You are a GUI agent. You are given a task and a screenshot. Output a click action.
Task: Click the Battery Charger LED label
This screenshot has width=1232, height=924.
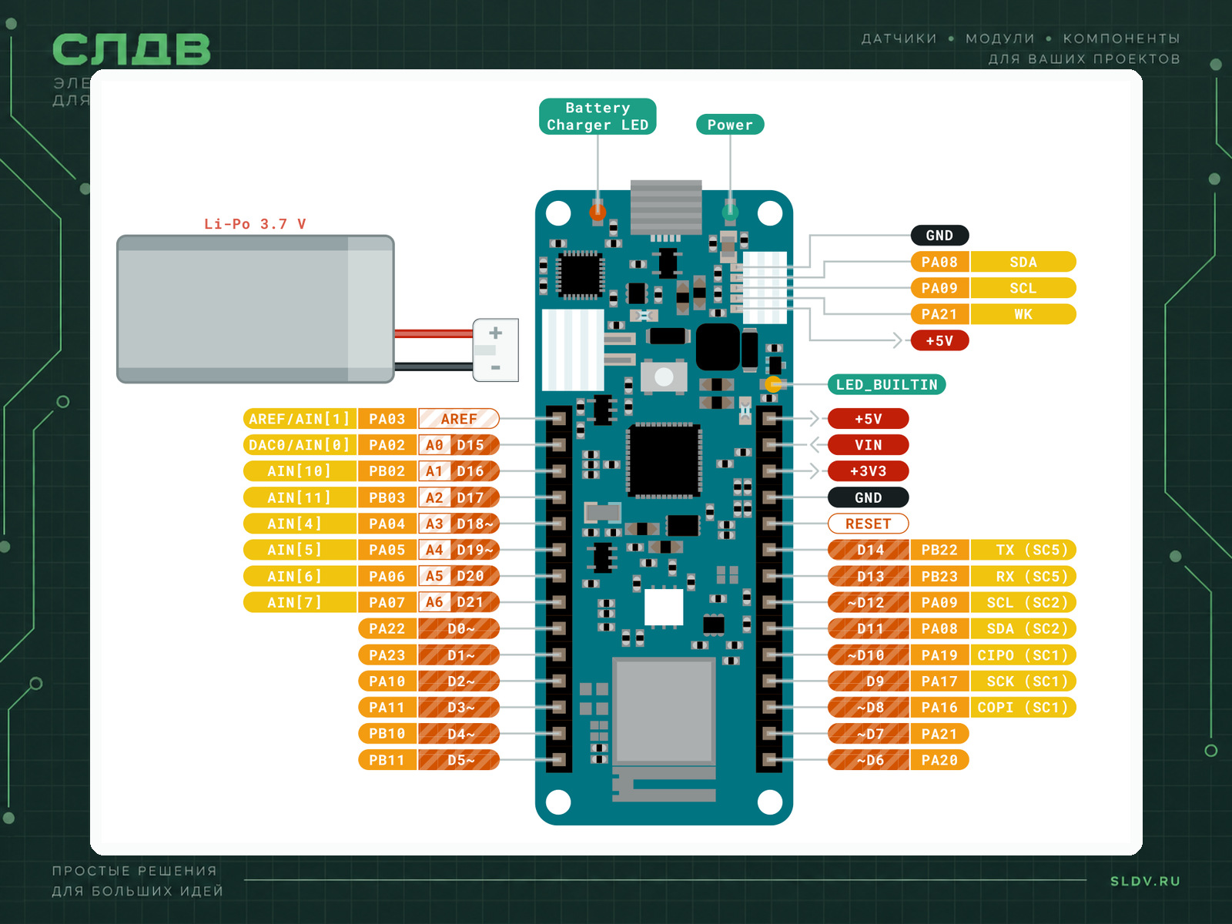pyautogui.click(x=598, y=116)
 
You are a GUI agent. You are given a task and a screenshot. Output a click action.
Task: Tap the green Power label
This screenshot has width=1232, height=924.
pyautogui.click(x=730, y=125)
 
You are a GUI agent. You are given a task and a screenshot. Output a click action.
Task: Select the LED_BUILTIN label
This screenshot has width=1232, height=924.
pyautogui.click(x=886, y=384)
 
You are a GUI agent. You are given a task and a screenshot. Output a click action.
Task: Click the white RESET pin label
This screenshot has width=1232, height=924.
pyautogui.click(x=868, y=524)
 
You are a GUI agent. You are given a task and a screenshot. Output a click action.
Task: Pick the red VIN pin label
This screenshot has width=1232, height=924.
pyautogui.click(x=868, y=445)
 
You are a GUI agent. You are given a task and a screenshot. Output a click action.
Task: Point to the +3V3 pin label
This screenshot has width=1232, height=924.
pyautogui.click(x=868, y=470)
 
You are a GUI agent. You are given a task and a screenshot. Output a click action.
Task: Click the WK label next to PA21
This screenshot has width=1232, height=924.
pyautogui.click(x=1023, y=314)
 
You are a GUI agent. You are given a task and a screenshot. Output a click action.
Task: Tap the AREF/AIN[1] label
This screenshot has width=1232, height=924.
pyautogui.click(x=300, y=419)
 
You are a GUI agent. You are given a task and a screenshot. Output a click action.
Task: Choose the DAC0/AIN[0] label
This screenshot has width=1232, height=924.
pyautogui.click(x=300, y=445)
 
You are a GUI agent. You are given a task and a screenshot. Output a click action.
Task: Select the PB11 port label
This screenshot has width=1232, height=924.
pyautogui.click(x=387, y=760)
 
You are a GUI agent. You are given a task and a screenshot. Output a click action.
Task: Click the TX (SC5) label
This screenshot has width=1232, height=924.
pyautogui.click(x=1023, y=550)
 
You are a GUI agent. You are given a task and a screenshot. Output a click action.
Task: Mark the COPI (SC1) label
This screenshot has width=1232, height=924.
pyautogui.click(x=1023, y=707)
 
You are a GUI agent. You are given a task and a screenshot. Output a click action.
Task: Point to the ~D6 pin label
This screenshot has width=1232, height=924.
pyautogui.click(x=869, y=760)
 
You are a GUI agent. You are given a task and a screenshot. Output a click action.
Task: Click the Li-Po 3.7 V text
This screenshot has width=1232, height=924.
pyautogui.click(x=255, y=224)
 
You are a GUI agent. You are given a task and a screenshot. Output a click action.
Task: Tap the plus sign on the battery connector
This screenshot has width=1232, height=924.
pyautogui.click(x=495, y=333)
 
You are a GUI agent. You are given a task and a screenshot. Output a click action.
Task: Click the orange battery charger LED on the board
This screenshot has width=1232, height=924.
pyautogui.click(x=598, y=212)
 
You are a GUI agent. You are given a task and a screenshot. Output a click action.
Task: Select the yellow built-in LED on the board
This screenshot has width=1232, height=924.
pyautogui.click(x=773, y=384)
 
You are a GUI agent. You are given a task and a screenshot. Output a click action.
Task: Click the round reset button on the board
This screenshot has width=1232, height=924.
pyautogui.click(x=664, y=377)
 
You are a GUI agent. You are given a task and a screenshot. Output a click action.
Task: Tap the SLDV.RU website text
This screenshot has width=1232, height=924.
pyautogui.click(x=1145, y=881)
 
